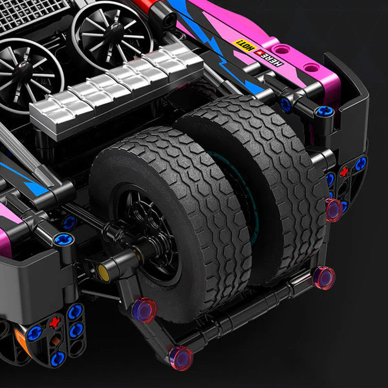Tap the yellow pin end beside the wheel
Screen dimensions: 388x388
(x=103, y=272)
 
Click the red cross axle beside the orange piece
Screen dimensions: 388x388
(x=53, y=322)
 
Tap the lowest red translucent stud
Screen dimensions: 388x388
(x=180, y=357)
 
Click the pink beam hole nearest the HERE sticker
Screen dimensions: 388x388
(x=283, y=49)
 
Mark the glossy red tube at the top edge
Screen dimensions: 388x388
(x=144, y=6)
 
